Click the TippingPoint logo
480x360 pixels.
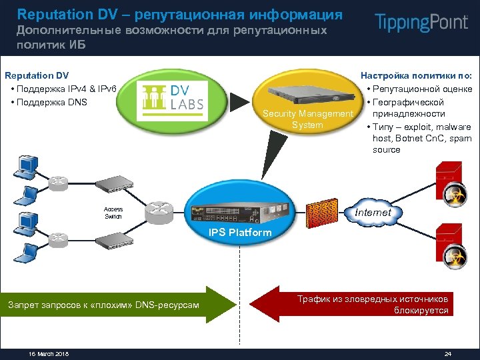[421, 22]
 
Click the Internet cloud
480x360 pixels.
[373, 212]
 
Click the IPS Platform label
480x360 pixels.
[240, 233]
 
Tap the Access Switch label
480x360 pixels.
[113, 212]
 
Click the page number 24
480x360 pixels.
[447, 353]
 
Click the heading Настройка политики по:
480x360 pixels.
[416, 76]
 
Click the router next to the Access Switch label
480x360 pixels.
[160, 212]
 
